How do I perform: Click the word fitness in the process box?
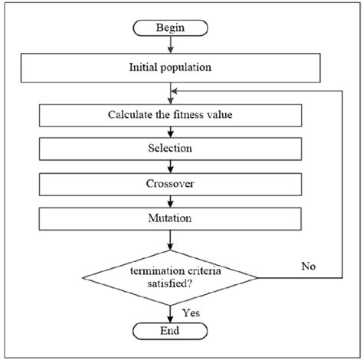click(x=188, y=116)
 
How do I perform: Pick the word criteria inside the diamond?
click(x=191, y=270)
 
